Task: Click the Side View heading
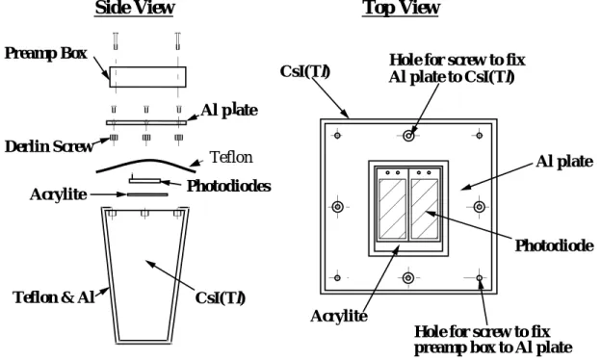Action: (x=135, y=8)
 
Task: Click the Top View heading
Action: (x=401, y=8)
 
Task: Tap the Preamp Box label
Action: (x=46, y=53)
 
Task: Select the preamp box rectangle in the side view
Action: (x=148, y=77)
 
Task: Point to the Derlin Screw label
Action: (x=49, y=146)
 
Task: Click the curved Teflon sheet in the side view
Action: (x=145, y=162)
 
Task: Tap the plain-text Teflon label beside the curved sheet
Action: (x=231, y=157)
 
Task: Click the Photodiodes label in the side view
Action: (x=229, y=186)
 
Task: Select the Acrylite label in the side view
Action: (x=58, y=194)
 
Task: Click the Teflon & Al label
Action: (x=54, y=297)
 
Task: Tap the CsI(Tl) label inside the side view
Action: (x=220, y=298)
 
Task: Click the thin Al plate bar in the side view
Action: (x=146, y=123)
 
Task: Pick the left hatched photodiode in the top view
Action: (x=393, y=209)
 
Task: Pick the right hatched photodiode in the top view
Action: (x=425, y=209)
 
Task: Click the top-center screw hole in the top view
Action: (x=408, y=135)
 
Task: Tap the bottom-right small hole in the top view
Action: (x=480, y=277)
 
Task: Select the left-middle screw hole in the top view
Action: (x=338, y=207)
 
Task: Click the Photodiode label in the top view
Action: (x=554, y=245)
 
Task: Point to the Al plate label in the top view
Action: (x=564, y=162)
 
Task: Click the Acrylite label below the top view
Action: (x=339, y=317)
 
